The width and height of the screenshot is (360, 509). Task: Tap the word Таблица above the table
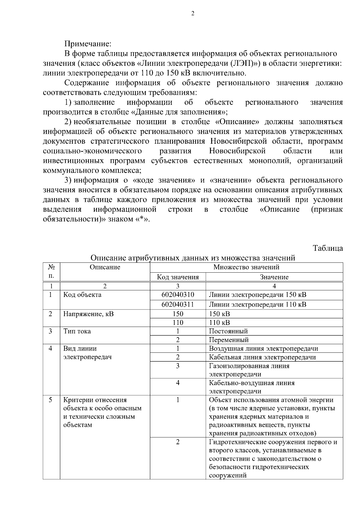point(328,248)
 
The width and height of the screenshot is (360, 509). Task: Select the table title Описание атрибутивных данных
point(193,258)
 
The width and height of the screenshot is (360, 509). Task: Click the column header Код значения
point(178,277)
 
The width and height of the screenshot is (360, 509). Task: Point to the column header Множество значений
point(246,267)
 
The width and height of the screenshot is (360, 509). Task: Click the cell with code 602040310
point(178,295)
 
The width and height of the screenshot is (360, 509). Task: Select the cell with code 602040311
point(178,304)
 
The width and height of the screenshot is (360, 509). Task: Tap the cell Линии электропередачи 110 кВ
point(257,304)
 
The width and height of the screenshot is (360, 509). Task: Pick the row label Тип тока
point(77,331)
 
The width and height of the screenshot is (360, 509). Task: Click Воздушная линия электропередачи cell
point(263,349)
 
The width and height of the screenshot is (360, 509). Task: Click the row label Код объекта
point(82,295)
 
